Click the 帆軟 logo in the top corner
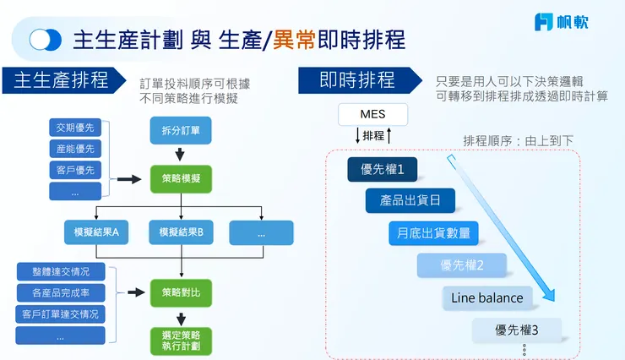coord(561,22)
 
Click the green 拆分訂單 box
coord(181,129)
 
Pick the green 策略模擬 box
coord(181,179)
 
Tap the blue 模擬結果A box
coord(95,232)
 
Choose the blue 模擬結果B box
coord(181,232)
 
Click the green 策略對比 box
coord(181,292)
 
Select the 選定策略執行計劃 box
coord(181,341)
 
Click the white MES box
coord(372,114)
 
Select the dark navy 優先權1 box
coord(383,169)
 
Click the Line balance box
coord(486,297)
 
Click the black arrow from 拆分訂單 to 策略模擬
coord(181,155)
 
